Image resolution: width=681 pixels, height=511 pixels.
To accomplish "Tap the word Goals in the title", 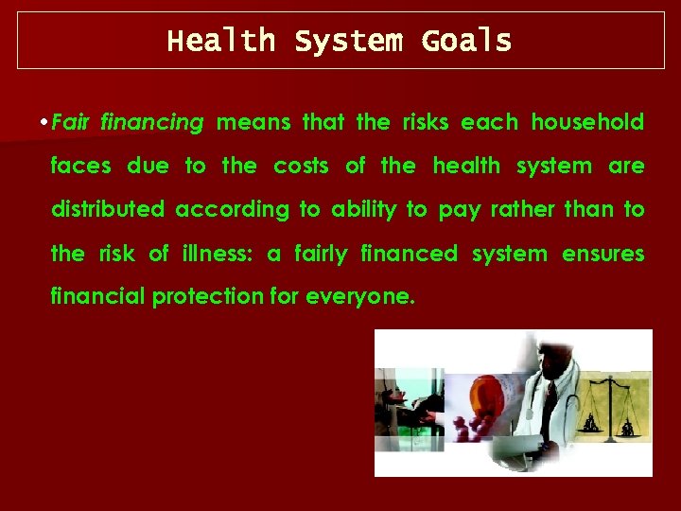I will pos(466,42).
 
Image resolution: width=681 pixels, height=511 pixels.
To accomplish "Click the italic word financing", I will pos(152,123).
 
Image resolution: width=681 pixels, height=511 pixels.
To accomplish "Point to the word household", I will pos(587,123).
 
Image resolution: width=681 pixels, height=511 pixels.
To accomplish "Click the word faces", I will pos(80,167).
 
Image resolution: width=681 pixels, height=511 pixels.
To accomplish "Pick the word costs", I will pos(301,167).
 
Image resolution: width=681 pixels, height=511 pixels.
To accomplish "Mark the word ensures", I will pos(603,254).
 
